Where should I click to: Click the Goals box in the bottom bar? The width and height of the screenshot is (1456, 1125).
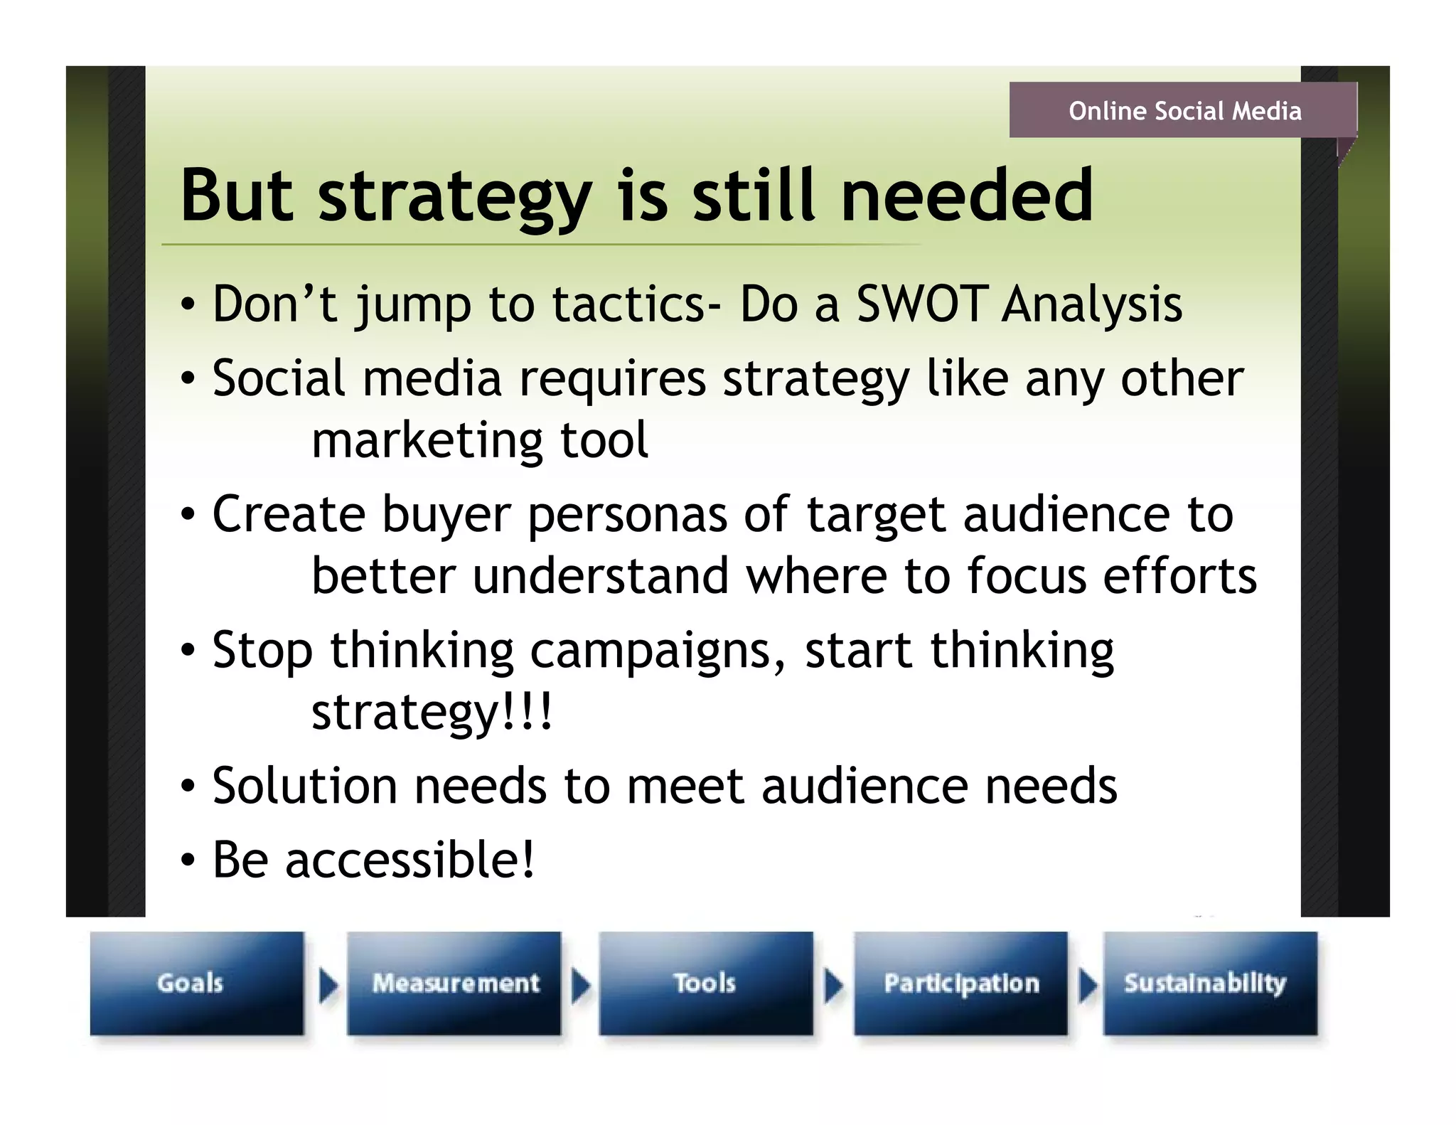click(x=196, y=983)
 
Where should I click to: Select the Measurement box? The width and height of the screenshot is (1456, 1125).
click(x=454, y=983)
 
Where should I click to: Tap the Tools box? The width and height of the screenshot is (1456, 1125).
click(x=705, y=983)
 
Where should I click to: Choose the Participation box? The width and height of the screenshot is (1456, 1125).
click(x=960, y=983)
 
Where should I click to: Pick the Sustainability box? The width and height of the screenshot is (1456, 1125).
click(x=1209, y=983)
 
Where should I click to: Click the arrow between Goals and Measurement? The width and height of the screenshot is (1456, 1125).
click(x=328, y=986)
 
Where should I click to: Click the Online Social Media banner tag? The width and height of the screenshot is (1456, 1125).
click(x=1183, y=110)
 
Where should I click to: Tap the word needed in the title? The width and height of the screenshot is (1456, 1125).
click(x=966, y=195)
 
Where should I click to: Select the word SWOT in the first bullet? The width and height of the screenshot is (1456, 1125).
click(x=922, y=304)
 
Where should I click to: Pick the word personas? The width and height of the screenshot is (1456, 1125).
click(x=627, y=515)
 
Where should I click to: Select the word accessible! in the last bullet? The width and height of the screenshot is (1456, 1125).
click(x=409, y=859)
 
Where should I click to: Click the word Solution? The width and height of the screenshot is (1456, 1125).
click(x=304, y=786)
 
